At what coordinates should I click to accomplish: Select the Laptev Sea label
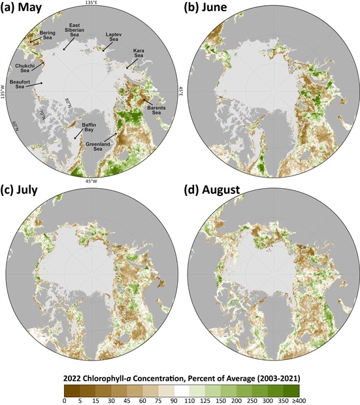coord(114,37)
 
